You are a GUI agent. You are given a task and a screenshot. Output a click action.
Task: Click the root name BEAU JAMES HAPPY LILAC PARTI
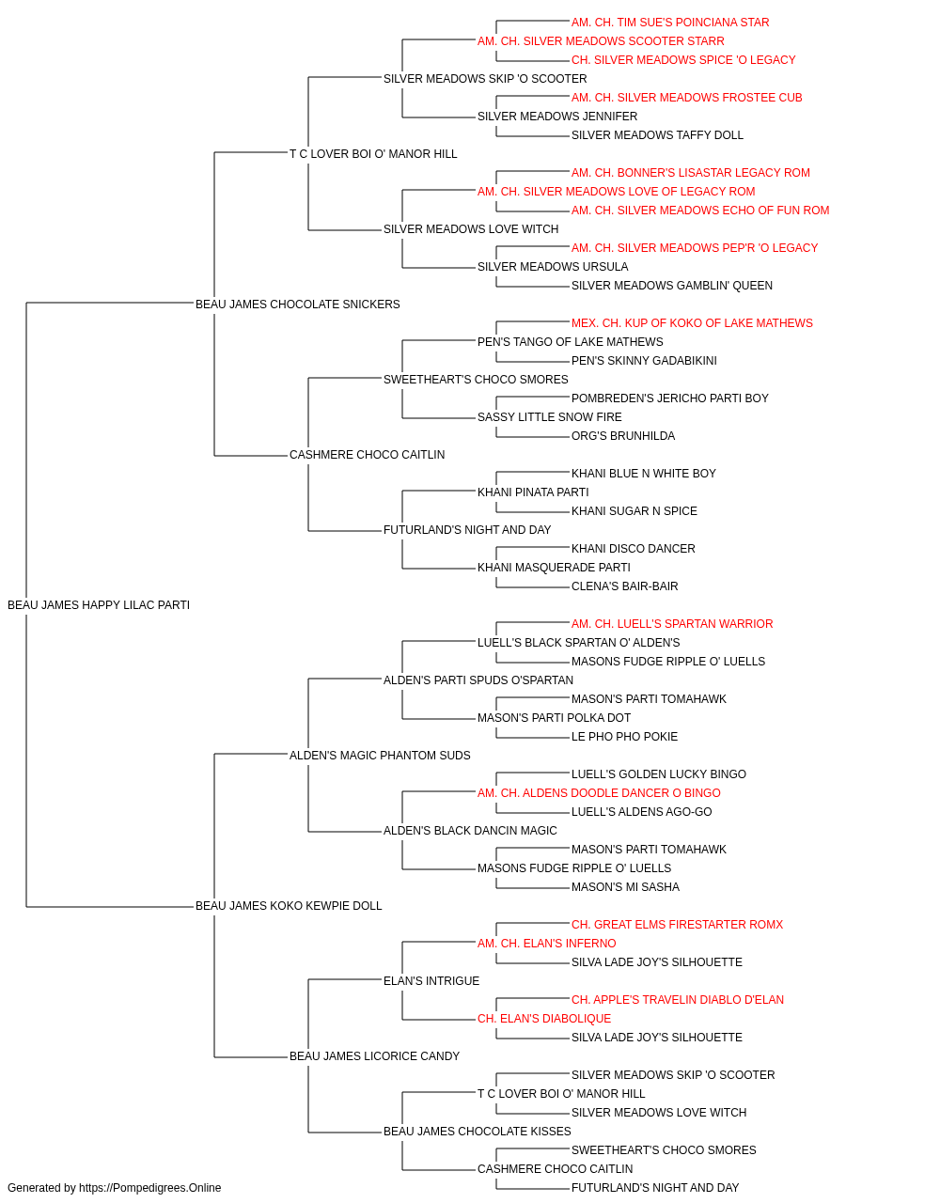[99, 605]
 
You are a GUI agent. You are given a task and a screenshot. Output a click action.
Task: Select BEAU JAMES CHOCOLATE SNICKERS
[297, 305]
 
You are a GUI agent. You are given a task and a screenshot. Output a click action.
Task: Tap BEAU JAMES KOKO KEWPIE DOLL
[289, 906]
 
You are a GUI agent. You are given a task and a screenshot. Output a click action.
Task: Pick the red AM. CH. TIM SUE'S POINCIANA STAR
[670, 23]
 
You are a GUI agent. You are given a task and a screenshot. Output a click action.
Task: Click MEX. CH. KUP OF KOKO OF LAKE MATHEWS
[692, 323]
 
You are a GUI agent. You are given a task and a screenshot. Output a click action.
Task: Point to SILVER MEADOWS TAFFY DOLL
[657, 135]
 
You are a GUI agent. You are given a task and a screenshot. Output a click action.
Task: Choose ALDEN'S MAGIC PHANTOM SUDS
[380, 756]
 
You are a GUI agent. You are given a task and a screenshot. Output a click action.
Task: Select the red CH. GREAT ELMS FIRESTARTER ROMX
[677, 925]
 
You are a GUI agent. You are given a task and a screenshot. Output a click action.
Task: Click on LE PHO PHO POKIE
[624, 737]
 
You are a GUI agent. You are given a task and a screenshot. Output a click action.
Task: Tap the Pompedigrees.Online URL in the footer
[149, 1188]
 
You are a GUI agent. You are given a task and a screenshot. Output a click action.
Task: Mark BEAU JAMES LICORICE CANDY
[374, 1056]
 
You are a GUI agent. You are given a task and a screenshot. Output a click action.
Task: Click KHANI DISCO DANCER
[634, 549]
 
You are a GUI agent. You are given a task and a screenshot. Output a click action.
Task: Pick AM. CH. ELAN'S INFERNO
[546, 944]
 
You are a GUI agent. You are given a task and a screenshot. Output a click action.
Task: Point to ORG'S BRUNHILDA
[623, 436]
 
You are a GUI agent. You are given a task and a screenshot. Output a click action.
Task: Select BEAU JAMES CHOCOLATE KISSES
[478, 1132]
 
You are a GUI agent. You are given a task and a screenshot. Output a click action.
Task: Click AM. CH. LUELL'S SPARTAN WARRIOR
[672, 624]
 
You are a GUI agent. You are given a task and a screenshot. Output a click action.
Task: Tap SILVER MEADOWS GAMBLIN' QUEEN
[671, 286]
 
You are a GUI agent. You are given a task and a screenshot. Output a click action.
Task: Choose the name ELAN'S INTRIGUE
[431, 981]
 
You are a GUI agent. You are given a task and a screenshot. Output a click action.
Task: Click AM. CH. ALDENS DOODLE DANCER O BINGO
[599, 793]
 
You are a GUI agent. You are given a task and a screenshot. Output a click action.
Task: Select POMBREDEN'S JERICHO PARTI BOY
[670, 398]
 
